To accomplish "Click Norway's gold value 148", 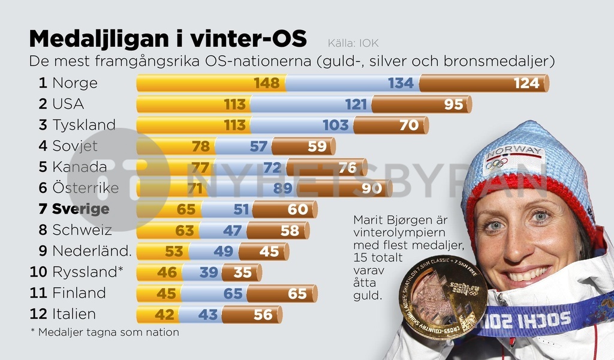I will (x=267, y=83).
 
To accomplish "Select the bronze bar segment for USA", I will (x=420, y=104).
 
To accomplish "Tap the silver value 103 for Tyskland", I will (x=335, y=125).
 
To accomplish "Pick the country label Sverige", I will (x=80, y=209).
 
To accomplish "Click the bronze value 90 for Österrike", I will (x=372, y=188).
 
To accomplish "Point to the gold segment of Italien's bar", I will (x=157, y=314).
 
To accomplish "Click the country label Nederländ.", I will (x=92, y=251).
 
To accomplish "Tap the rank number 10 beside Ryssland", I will (x=38, y=272).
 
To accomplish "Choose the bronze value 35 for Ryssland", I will (x=242, y=272).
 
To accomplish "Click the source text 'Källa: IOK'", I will (x=353, y=43).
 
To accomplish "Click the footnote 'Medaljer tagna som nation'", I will (x=108, y=332).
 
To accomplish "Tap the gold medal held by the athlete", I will (x=442, y=296).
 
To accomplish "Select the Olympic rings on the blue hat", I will (x=496, y=163).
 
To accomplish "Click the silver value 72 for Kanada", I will (x=273, y=167).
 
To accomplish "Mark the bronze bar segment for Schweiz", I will (x=277, y=230).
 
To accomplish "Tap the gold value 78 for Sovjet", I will (x=201, y=146).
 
